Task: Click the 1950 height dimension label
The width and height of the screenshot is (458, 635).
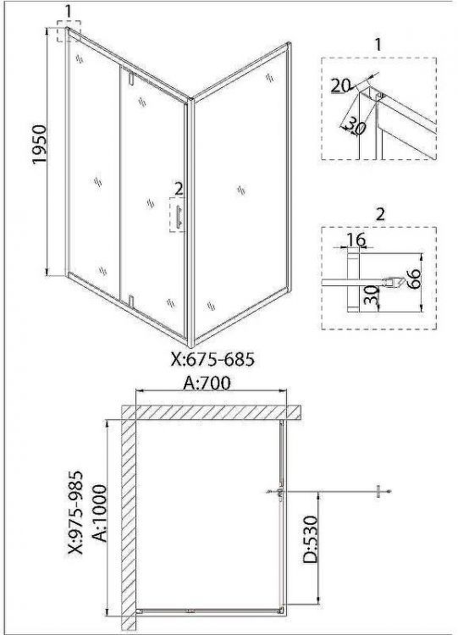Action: coord(40,145)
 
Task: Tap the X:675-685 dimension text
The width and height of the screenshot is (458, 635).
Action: coord(213,359)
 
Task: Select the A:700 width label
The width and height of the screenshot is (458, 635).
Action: coord(207,383)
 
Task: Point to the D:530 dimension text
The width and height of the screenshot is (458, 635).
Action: coord(311,540)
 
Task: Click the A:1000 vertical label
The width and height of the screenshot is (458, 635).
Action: coord(100,513)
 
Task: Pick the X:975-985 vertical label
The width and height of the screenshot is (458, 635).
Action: coord(75,512)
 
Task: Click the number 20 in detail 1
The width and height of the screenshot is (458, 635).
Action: coord(340,86)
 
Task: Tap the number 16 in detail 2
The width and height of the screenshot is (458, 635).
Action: coord(356,240)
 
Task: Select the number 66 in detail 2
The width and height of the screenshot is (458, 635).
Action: coord(414,279)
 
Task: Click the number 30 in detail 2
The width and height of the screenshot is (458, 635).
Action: coord(371,295)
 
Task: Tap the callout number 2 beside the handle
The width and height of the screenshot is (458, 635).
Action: coord(179,189)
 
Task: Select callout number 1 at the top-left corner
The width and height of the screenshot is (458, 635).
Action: coord(68,11)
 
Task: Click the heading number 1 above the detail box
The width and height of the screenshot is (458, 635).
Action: coord(378,45)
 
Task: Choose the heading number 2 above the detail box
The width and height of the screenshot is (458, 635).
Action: coord(380,214)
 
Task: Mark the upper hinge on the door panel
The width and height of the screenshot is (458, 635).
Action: coord(130,79)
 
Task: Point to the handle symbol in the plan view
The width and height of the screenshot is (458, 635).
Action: coord(279,492)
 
